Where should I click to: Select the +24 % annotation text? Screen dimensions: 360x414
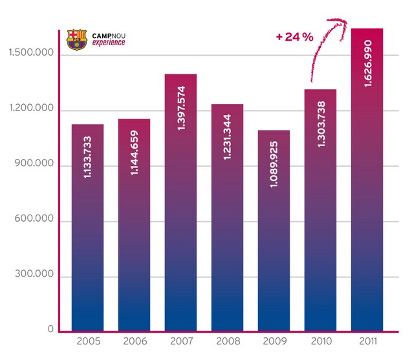[x=294, y=37]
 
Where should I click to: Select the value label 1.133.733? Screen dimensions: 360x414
[x=88, y=156]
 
